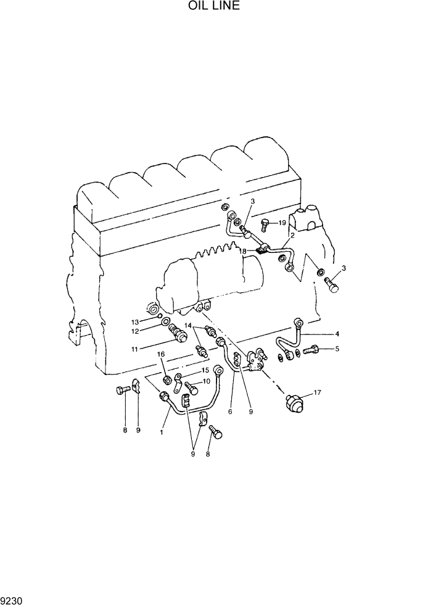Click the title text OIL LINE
pyautogui.click(x=214, y=7)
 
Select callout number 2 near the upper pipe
pyautogui.click(x=292, y=236)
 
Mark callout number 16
pyautogui.click(x=161, y=354)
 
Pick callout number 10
pyautogui.click(x=206, y=381)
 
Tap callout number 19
pyautogui.click(x=282, y=223)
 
